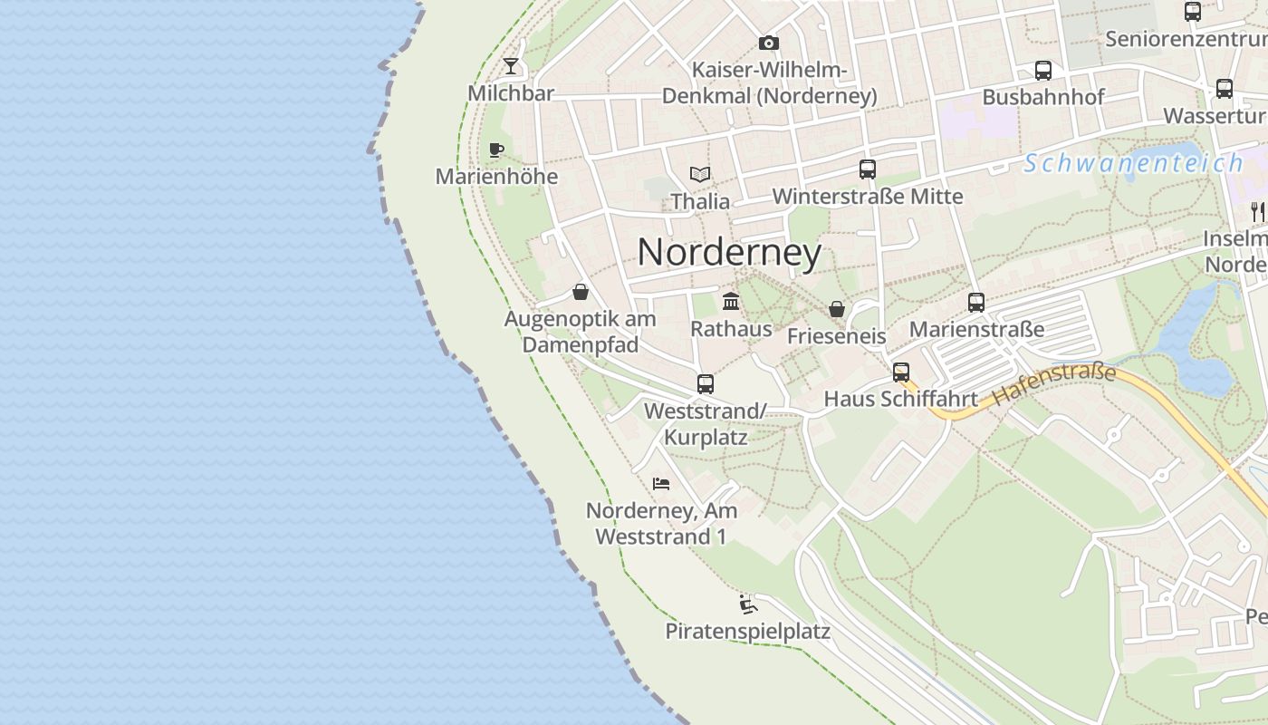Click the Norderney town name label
(x=729, y=252)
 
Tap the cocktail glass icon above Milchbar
(x=511, y=66)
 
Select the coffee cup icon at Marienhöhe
(x=495, y=150)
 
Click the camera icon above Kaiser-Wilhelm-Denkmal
(x=768, y=43)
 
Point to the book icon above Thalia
(x=699, y=174)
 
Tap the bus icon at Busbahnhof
(x=1042, y=71)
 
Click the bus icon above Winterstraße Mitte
(x=867, y=169)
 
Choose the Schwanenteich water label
(x=1133, y=163)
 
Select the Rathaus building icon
(x=730, y=301)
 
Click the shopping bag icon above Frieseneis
(x=836, y=309)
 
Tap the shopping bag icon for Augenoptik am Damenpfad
(x=580, y=292)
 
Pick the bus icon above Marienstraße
(x=975, y=303)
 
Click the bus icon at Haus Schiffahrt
(x=900, y=372)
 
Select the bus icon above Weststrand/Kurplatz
(x=705, y=384)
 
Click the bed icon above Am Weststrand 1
(x=661, y=484)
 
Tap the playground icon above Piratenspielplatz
(x=747, y=604)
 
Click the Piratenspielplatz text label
(x=747, y=631)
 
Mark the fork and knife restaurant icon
(x=1256, y=212)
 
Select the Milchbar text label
(x=511, y=93)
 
